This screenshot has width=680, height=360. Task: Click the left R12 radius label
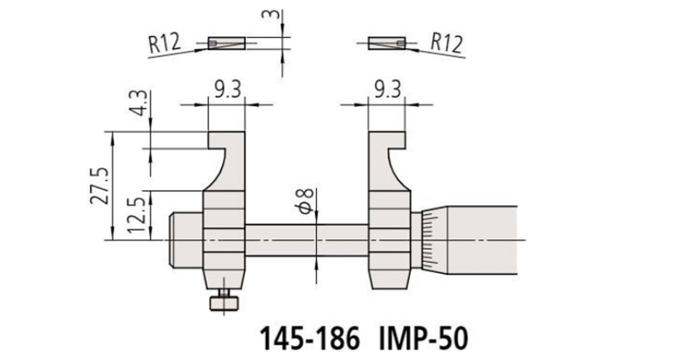pos(164,44)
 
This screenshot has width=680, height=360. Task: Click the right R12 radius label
pos(447,43)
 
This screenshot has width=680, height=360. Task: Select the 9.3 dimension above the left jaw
pos(228,90)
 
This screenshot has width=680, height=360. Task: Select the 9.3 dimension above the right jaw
pos(388,90)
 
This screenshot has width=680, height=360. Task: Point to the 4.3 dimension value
pos(139,103)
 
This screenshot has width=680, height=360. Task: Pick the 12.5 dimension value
pos(137,215)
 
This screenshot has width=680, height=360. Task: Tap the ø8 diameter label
pos(306,202)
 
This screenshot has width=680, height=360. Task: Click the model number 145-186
pos(310,338)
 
